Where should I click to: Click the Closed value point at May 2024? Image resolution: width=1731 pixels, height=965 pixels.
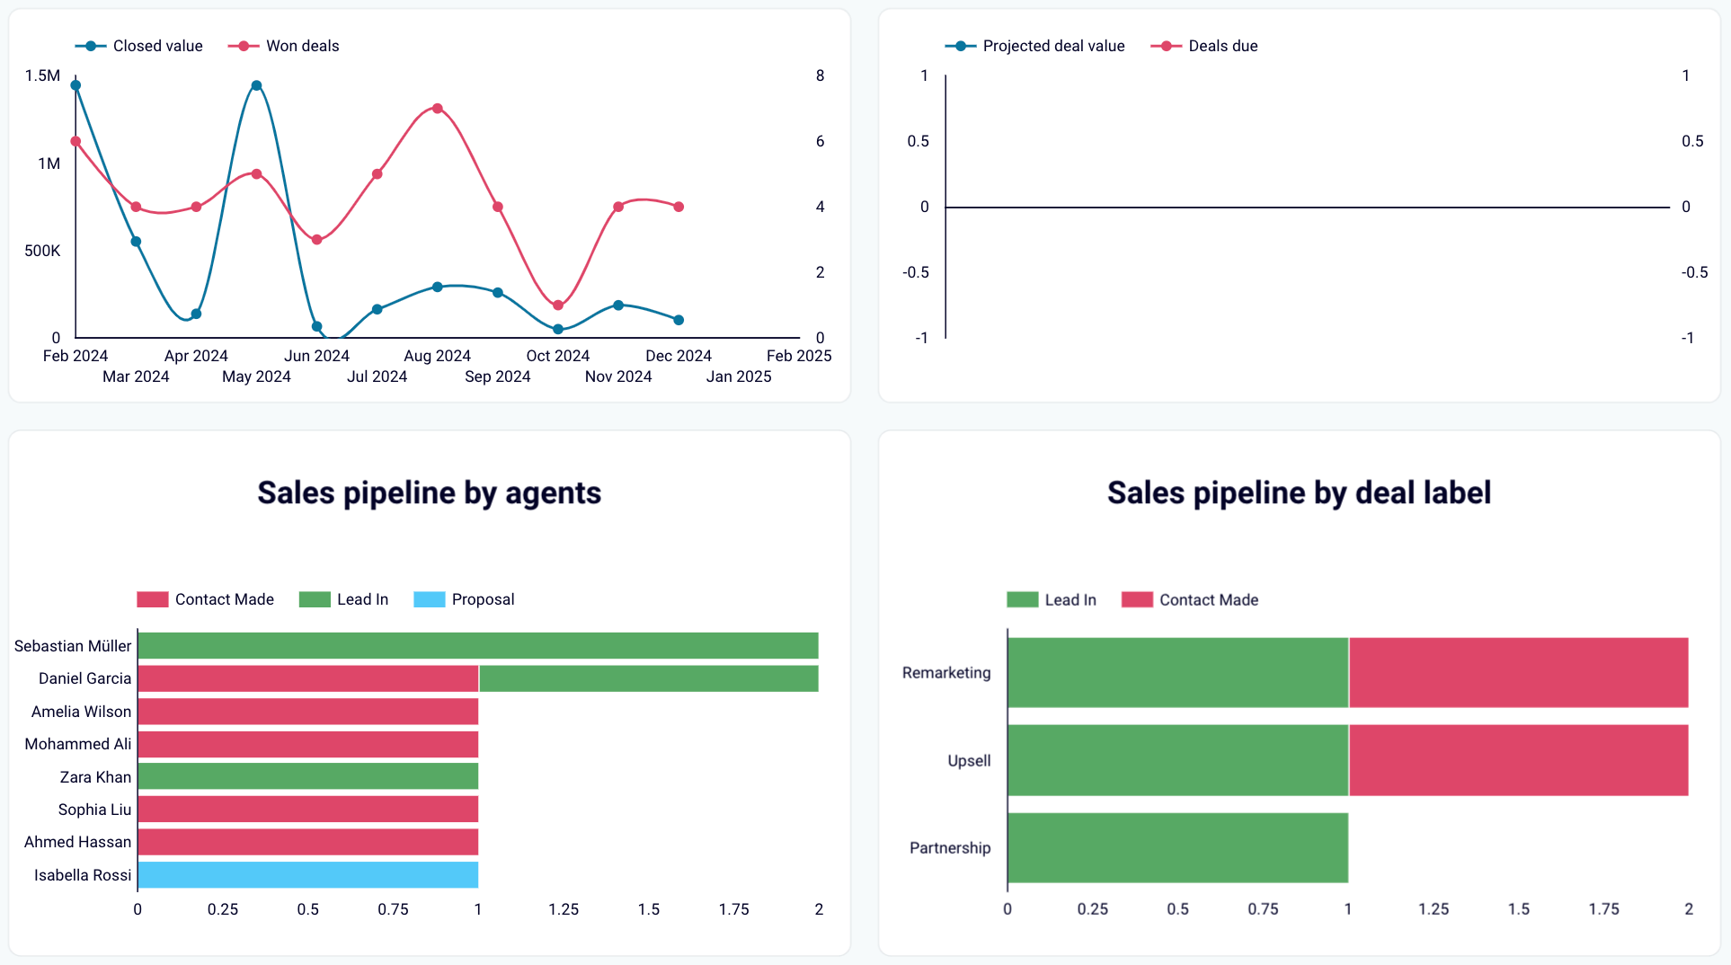tap(256, 86)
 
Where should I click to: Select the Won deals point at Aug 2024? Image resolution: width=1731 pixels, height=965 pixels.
tap(437, 109)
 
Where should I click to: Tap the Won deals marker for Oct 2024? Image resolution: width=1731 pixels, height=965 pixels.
tap(558, 305)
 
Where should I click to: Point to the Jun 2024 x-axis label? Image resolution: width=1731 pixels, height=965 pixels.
tap(316, 356)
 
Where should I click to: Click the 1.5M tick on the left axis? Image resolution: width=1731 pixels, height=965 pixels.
tap(42, 75)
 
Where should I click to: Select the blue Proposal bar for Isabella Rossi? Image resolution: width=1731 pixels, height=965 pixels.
tap(307, 875)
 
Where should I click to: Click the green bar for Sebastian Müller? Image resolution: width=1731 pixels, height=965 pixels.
tap(477, 646)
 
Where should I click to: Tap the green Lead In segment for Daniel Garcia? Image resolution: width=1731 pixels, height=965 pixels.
tap(648, 678)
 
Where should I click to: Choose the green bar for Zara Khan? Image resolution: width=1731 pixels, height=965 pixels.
tap(307, 776)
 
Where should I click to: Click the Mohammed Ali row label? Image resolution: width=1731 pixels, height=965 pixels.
tap(77, 744)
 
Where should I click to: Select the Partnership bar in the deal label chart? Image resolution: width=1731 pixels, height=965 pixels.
tap(1177, 848)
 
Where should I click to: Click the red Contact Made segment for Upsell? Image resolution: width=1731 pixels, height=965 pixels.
tap(1518, 760)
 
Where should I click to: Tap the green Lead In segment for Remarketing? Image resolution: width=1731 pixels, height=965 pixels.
tap(1177, 673)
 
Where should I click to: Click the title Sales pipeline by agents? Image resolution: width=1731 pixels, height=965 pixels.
tap(429, 493)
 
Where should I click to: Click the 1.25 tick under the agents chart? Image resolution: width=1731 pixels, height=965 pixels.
tap(564, 909)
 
